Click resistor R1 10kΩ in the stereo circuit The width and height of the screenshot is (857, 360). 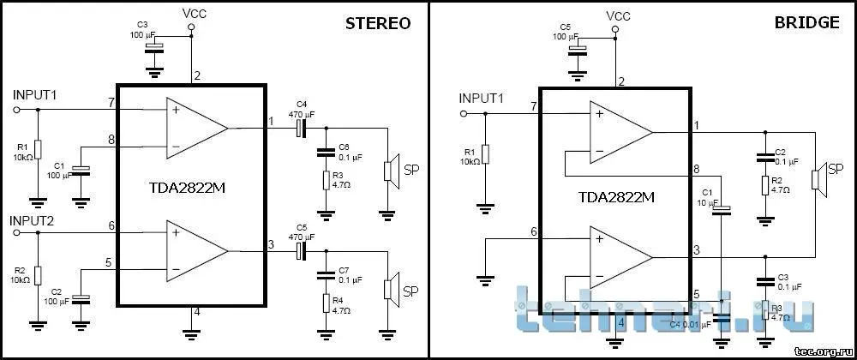pyautogui.click(x=38, y=149)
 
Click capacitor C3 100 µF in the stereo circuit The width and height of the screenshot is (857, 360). pyautogui.click(x=154, y=47)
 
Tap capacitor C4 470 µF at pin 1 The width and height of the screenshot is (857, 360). pyautogui.click(x=300, y=129)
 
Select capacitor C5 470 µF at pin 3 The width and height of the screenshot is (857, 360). pyautogui.click(x=300, y=250)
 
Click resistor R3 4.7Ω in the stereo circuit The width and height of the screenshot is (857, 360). pyautogui.click(x=326, y=180)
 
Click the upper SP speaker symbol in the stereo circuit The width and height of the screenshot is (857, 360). pyautogui.click(x=390, y=169)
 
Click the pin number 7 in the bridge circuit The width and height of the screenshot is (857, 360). pyautogui.click(x=533, y=106)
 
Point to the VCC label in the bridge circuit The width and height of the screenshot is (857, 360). pyautogui.click(x=618, y=16)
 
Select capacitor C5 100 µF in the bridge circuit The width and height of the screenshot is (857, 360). pyautogui.click(x=576, y=48)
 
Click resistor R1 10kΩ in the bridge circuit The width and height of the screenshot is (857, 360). pyautogui.click(x=485, y=154)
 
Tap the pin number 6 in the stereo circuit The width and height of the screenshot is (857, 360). pyautogui.click(x=111, y=225)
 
